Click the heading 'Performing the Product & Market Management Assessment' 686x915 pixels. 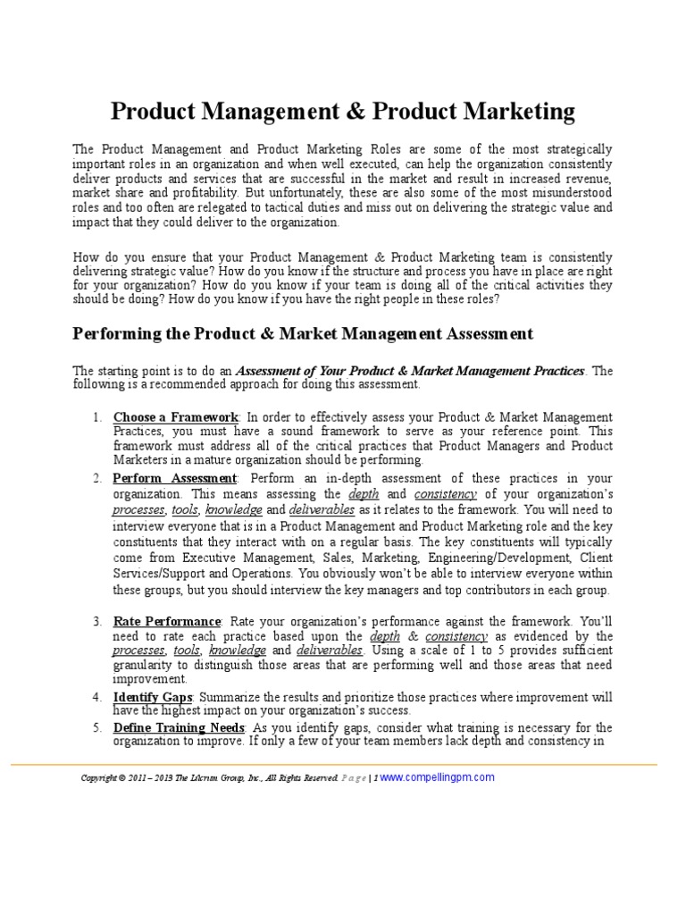point(302,333)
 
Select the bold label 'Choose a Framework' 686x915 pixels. point(176,417)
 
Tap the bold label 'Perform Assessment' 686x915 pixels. point(175,478)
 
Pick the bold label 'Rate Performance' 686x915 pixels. point(167,621)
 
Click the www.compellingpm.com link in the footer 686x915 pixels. point(437,777)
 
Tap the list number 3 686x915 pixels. point(97,621)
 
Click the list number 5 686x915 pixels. point(97,727)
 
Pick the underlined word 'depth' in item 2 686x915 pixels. point(363,493)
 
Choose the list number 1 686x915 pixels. point(97,417)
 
